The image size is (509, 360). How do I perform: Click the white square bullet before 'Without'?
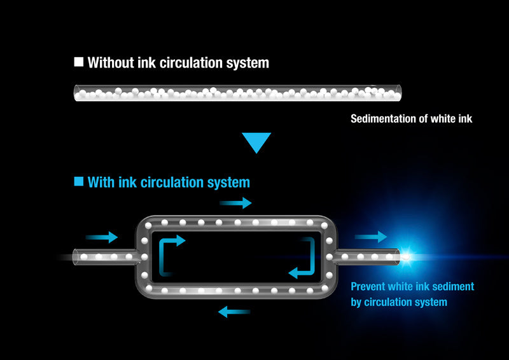click(x=79, y=62)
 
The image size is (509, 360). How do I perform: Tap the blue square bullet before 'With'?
click(x=79, y=181)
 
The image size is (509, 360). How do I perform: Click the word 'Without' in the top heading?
click(x=111, y=62)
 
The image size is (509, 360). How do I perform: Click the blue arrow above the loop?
click(x=235, y=203)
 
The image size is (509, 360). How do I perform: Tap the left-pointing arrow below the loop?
click(x=234, y=312)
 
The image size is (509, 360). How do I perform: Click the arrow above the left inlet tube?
click(x=102, y=237)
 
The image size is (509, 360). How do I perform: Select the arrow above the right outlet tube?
click(x=371, y=237)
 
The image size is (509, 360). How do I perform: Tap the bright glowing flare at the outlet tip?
click(x=406, y=257)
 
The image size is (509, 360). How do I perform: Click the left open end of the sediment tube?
click(x=76, y=93)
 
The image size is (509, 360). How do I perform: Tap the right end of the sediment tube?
click(x=400, y=93)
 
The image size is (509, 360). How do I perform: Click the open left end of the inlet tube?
click(x=75, y=257)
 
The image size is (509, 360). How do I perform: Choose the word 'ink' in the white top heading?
click(x=146, y=62)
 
